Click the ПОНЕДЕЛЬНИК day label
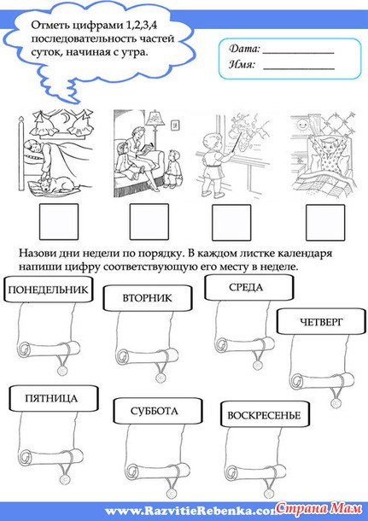[48, 290]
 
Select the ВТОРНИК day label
[148, 298]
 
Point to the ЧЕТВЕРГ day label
[321, 321]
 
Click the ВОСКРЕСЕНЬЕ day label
[265, 415]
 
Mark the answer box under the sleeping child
[59, 222]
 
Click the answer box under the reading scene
[149, 222]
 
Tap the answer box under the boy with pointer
[231, 223]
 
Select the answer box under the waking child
[325, 223]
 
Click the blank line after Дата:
[299, 53]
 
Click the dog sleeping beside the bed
[55, 184]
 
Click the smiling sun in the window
[302, 126]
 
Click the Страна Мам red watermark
[319, 508]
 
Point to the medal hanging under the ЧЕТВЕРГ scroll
[336, 402]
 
